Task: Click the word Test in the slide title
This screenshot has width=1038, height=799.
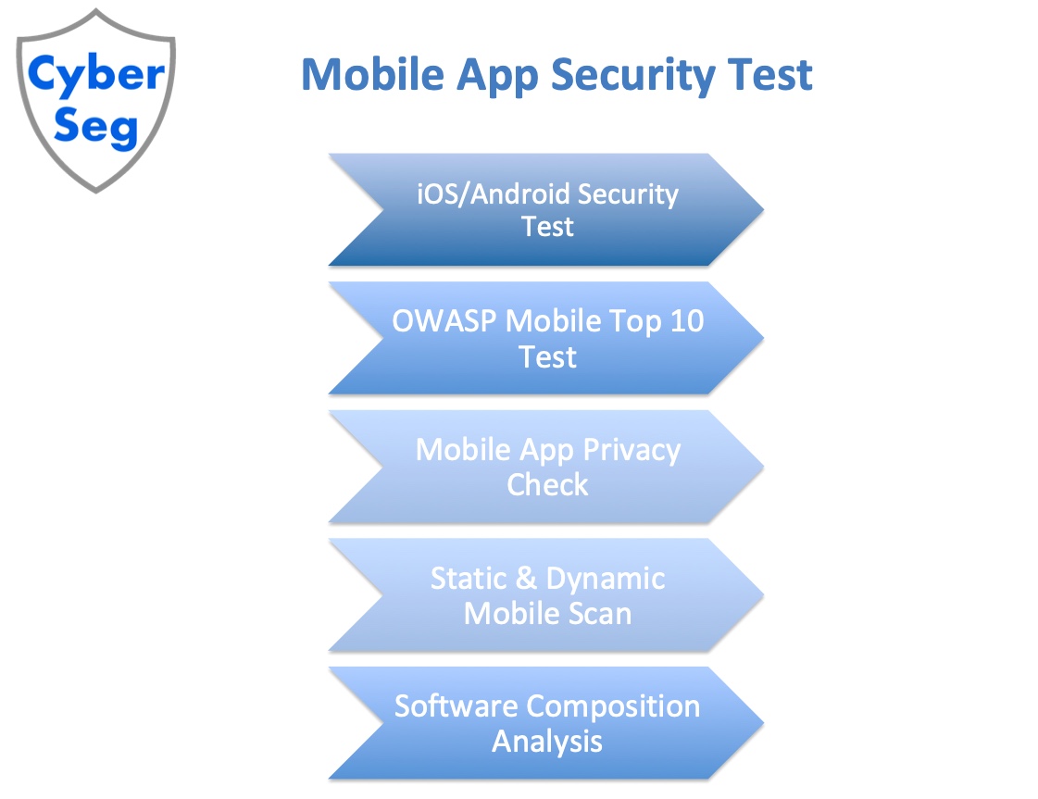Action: click(x=771, y=75)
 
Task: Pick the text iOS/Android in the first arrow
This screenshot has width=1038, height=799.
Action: click(x=492, y=194)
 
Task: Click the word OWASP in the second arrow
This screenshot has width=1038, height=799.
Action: click(x=444, y=321)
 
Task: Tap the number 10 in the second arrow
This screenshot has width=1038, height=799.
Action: click(x=686, y=321)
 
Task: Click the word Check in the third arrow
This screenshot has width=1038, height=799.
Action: click(x=547, y=484)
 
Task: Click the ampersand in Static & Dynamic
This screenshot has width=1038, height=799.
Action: click(x=526, y=579)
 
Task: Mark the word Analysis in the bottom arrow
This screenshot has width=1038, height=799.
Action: click(x=547, y=741)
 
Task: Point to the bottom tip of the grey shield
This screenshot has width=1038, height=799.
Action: click(x=96, y=190)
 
